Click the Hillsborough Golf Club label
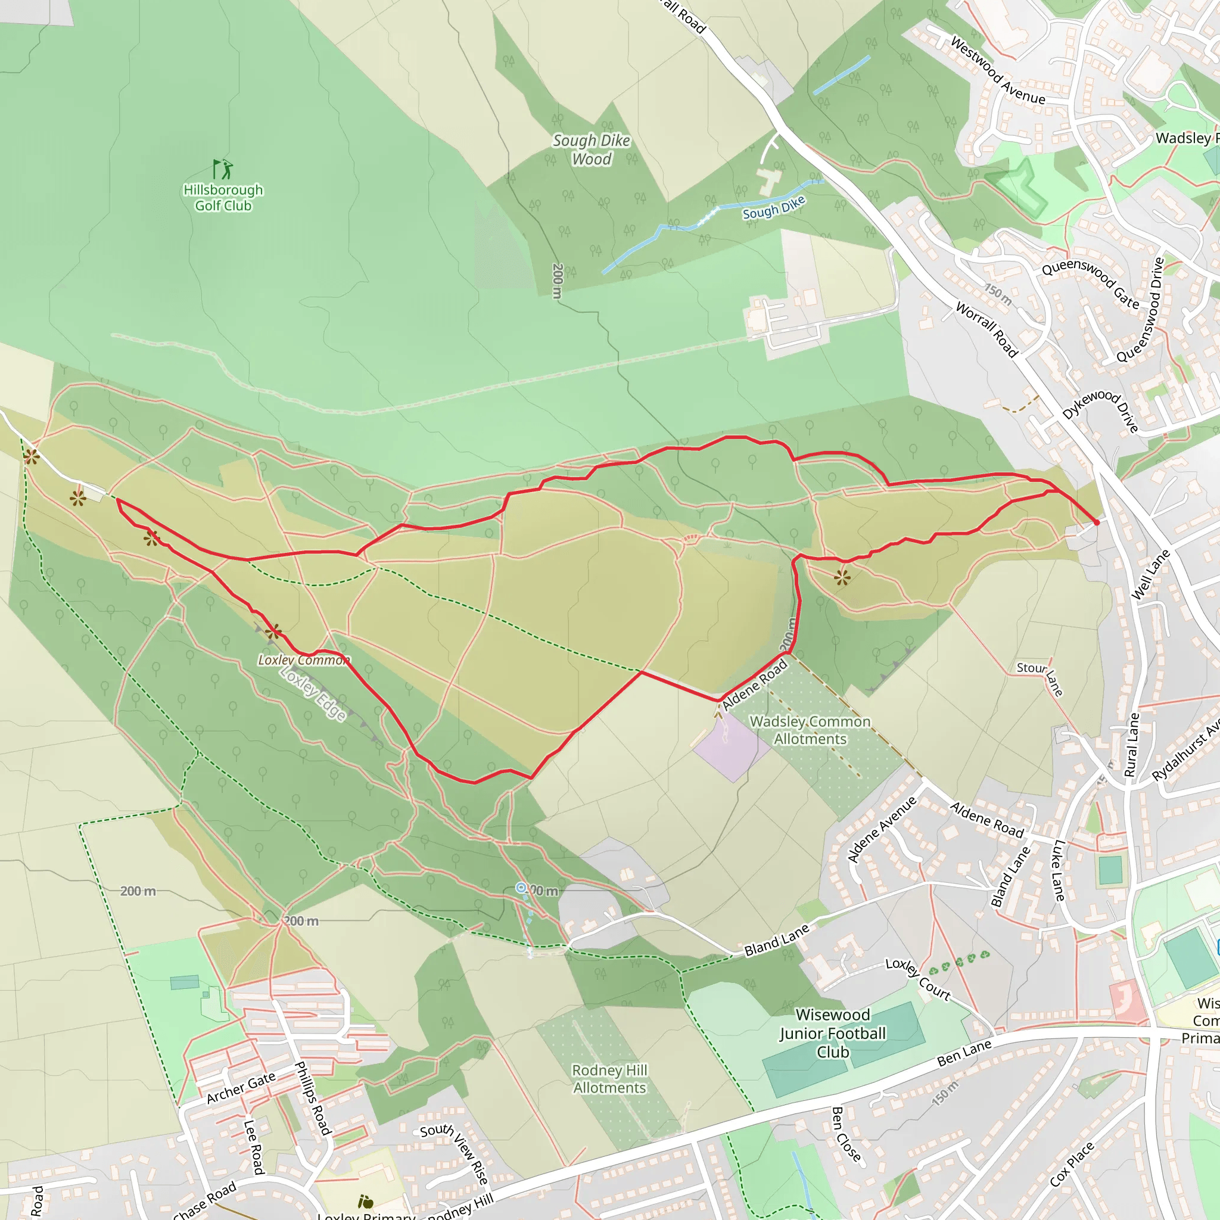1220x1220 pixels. [223, 198]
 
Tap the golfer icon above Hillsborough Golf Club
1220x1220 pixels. [223, 169]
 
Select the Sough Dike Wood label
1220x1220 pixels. [591, 150]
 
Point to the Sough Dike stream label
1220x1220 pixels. [774, 208]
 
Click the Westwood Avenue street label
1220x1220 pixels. [998, 71]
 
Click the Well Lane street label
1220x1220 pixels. [1150, 574]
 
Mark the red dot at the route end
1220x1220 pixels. [1096, 522]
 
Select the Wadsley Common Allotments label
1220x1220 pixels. [810, 730]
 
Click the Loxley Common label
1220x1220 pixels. [304, 660]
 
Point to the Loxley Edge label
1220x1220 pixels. [313, 693]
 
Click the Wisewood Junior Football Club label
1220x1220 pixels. [832, 1033]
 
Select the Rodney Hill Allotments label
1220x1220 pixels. [609, 1079]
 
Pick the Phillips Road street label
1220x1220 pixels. [313, 1098]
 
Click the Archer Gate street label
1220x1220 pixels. [241, 1087]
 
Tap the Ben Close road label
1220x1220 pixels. [846, 1134]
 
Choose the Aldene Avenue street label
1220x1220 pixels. [882, 829]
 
